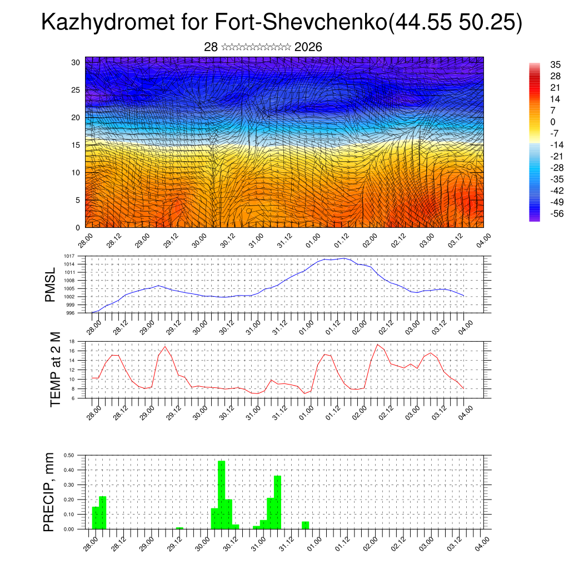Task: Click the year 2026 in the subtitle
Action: tap(308, 47)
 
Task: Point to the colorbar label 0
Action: tap(553, 122)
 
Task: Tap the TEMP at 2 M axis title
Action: tap(55, 369)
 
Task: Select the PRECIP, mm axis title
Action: tap(51, 492)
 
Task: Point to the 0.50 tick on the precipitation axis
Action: tap(69, 455)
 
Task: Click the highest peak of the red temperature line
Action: tap(378, 345)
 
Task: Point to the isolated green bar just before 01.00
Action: tap(305, 525)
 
